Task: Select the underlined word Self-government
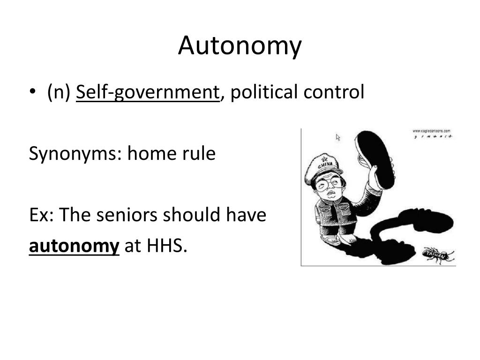click(x=148, y=92)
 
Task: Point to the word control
click(x=333, y=92)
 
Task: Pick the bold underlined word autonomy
click(x=74, y=246)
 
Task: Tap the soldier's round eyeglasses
click(x=328, y=184)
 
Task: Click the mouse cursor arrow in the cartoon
click(x=338, y=137)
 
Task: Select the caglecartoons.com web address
click(x=431, y=131)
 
